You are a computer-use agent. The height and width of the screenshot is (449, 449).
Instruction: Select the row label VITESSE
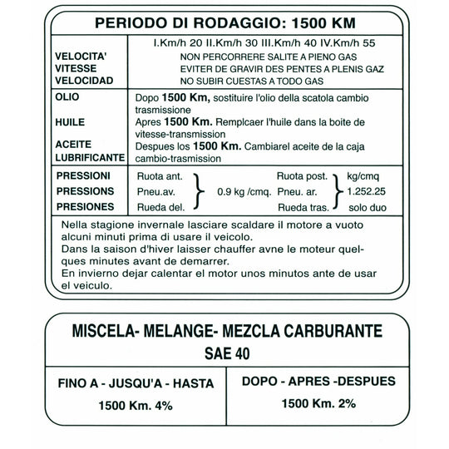77,68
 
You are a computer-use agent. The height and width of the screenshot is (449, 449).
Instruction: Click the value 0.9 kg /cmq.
244,192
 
